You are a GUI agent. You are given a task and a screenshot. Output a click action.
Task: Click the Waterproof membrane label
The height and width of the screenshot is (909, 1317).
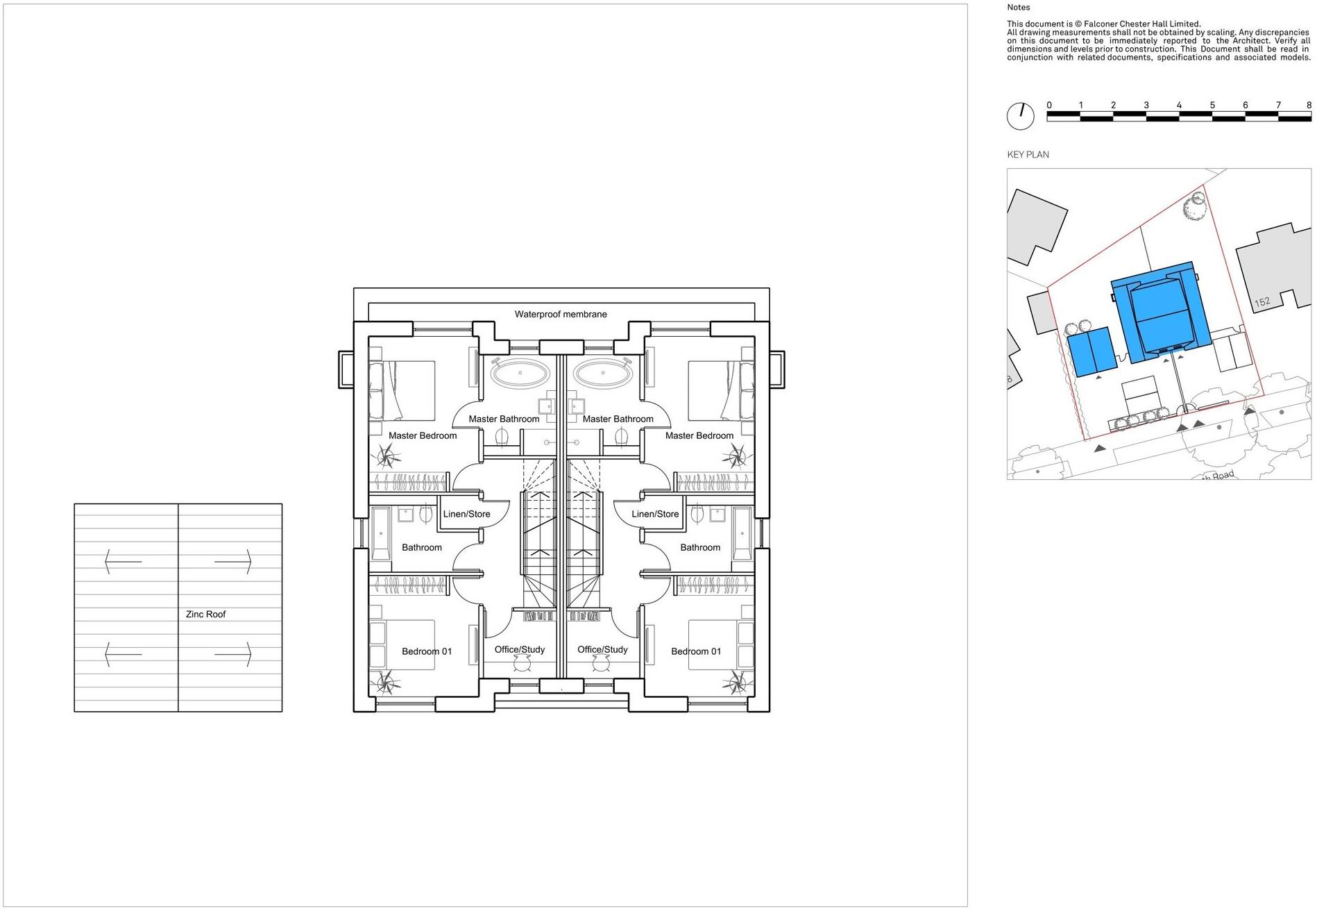561,315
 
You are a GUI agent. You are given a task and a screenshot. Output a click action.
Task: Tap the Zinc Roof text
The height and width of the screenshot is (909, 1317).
205,615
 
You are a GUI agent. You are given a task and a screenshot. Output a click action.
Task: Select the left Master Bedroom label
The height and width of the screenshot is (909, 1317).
423,436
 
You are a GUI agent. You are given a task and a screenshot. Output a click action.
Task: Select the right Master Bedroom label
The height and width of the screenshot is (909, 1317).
699,436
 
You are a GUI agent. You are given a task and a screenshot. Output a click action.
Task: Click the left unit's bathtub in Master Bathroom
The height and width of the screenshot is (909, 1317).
520,374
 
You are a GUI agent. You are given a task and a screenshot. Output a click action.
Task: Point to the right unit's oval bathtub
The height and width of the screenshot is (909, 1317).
603,374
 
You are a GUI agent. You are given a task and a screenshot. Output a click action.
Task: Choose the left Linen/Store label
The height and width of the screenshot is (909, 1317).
466,515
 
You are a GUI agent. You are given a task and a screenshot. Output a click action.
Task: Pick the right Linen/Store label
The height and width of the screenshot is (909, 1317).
655,515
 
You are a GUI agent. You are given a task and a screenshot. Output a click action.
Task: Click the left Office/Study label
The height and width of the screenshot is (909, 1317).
519,650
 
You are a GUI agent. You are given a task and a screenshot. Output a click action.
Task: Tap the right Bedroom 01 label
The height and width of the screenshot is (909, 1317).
696,651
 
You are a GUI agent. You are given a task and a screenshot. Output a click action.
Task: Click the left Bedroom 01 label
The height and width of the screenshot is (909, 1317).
427,651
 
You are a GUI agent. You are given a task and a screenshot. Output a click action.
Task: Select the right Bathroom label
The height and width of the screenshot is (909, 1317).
700,548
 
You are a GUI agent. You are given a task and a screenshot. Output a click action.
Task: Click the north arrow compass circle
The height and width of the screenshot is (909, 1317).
1020,116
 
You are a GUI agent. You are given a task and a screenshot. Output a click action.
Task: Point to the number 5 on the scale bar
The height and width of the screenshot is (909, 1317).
1212,106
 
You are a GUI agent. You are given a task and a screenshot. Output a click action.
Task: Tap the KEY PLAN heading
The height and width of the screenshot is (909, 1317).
1028,155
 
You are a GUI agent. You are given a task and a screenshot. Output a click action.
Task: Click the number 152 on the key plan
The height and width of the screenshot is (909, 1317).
1262,302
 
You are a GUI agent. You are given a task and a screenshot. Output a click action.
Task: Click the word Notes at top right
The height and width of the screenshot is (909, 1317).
1019,8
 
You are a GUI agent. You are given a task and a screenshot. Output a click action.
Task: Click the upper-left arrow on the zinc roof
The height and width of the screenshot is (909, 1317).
123,561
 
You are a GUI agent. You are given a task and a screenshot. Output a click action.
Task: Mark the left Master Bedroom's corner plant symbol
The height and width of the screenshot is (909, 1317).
389,457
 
